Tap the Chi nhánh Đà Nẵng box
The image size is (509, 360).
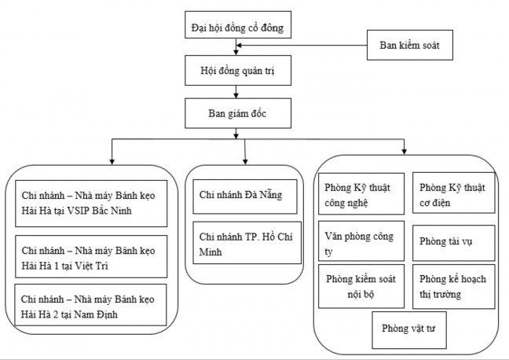point(244,194)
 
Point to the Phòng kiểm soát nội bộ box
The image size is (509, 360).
point(362,287)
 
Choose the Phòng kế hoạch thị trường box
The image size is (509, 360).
point(455,287)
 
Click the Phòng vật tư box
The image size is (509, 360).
point(408,330)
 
